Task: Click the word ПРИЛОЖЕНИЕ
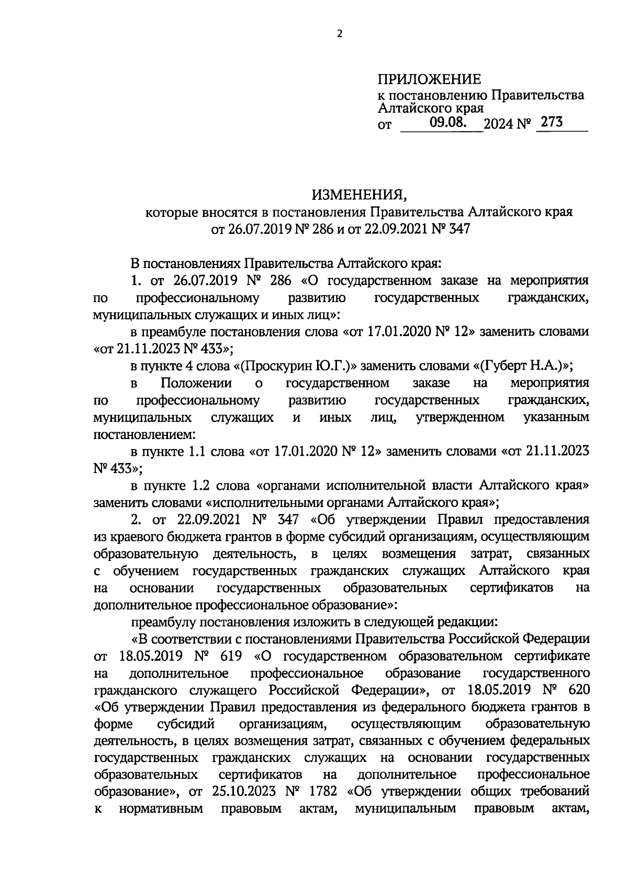429,79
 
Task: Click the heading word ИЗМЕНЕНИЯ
359,195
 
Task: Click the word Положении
196,383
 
